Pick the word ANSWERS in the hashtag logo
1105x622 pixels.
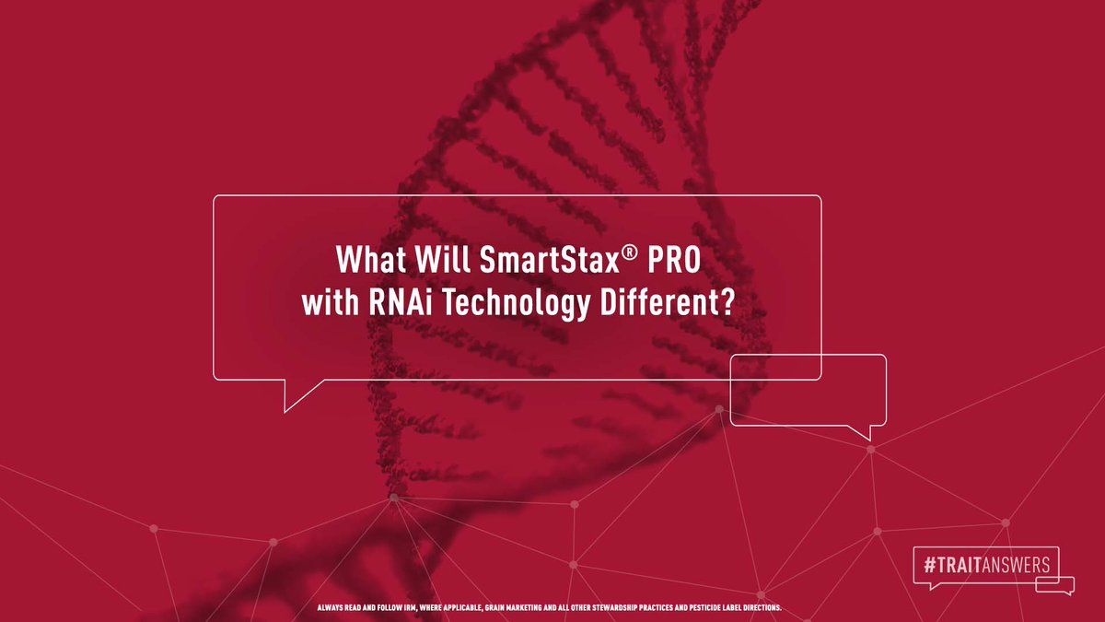(1017, 564)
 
